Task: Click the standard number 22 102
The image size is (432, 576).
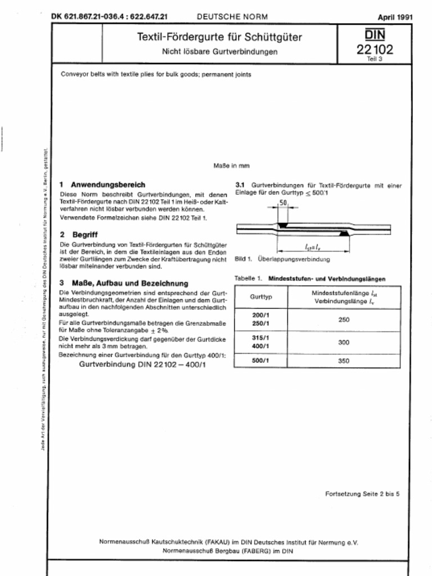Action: [375, 49]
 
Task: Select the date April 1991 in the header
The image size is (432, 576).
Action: [395, 17]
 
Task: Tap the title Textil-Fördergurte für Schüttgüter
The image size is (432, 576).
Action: [220, 38]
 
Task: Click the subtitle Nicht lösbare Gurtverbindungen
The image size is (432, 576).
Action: [220, 52]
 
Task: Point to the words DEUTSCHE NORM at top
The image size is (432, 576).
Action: [232, 17]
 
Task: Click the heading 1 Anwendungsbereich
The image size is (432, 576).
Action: [102, 184]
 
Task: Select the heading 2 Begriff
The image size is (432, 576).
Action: [79, 234]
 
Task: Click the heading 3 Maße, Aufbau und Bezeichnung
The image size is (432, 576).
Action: [124, 283]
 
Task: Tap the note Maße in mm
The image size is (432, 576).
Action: [231, 166]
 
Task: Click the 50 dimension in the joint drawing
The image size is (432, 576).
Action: [283, 202]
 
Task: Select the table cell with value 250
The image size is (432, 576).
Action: [344, 319]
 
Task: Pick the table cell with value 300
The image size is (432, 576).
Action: [344, 342]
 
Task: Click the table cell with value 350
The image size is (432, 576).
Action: [344, 361]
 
